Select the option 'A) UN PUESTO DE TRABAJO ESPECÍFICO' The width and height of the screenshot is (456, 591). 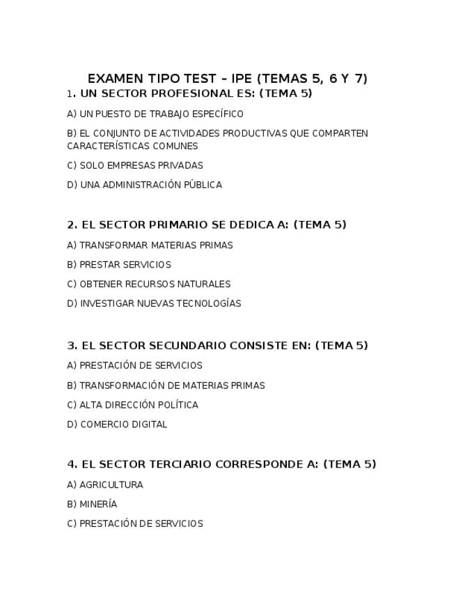point(155,114)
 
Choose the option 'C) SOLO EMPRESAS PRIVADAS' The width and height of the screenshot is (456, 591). point(135,166)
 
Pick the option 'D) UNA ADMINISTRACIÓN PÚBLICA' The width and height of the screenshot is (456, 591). point(144,185)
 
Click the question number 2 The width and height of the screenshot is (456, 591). point(71,225)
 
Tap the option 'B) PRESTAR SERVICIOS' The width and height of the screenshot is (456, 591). point(119,265)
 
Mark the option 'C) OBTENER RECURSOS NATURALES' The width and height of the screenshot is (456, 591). point(148,284)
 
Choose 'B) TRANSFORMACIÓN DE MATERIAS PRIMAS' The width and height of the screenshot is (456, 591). point(166,385)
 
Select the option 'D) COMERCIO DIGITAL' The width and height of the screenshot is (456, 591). point(117,424)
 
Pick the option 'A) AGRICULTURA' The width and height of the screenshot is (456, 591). point(105,485)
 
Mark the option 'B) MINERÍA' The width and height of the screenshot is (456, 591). point(92,505)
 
